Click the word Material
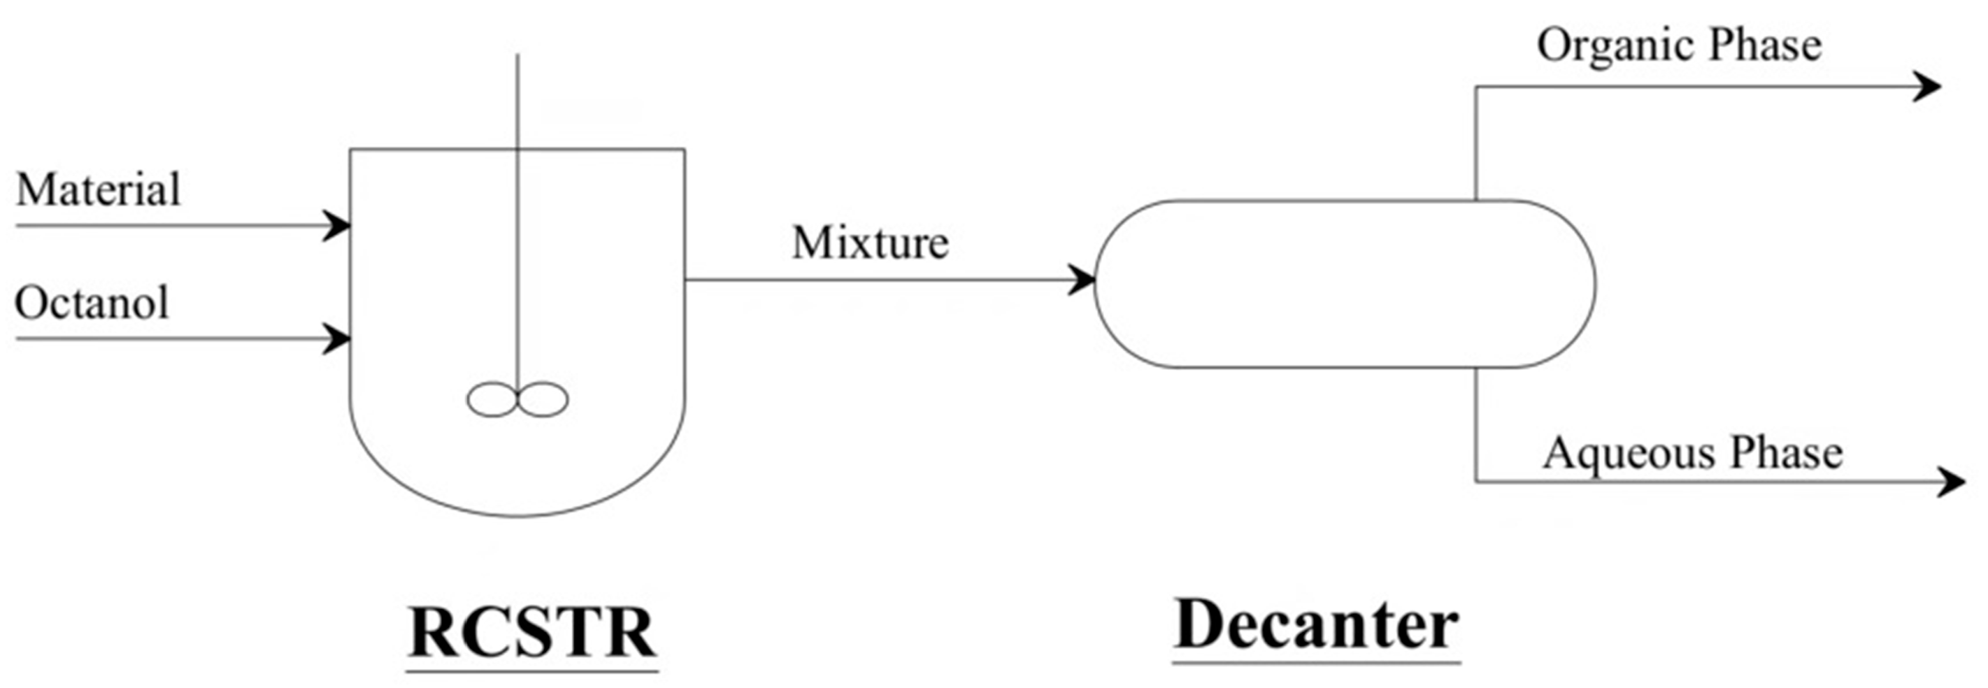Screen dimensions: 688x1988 pyautogui.click(x=98, y=189)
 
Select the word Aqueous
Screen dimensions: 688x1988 pyautogui.click(x=1624, y=454)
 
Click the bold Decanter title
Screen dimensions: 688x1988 pyautogui.click(x=1317, y=625)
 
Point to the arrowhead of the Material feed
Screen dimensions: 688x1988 pyautogui.click(x=337, y=226)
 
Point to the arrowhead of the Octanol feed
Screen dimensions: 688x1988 pyautogui.click(x=337, y=338)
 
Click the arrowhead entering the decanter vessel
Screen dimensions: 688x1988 pyautogui.click(x=1082, y=279)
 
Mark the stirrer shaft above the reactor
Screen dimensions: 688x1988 pyautogui.click(x=517, y=100)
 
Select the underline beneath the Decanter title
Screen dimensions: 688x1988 pyautogui.click(x=1317, y=661)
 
